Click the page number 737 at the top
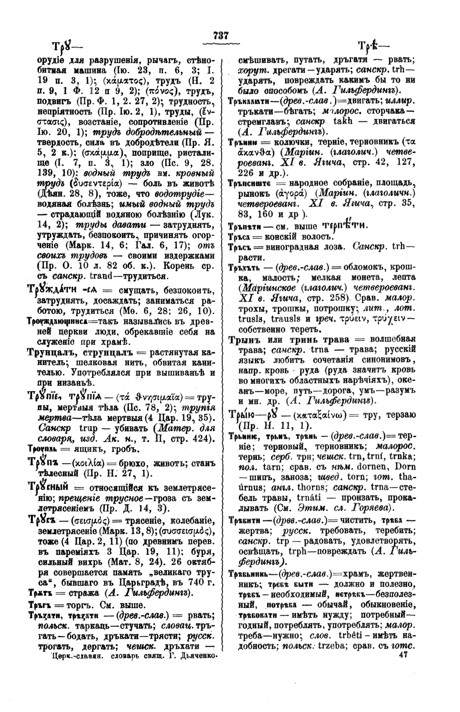[x=221, y=35]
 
